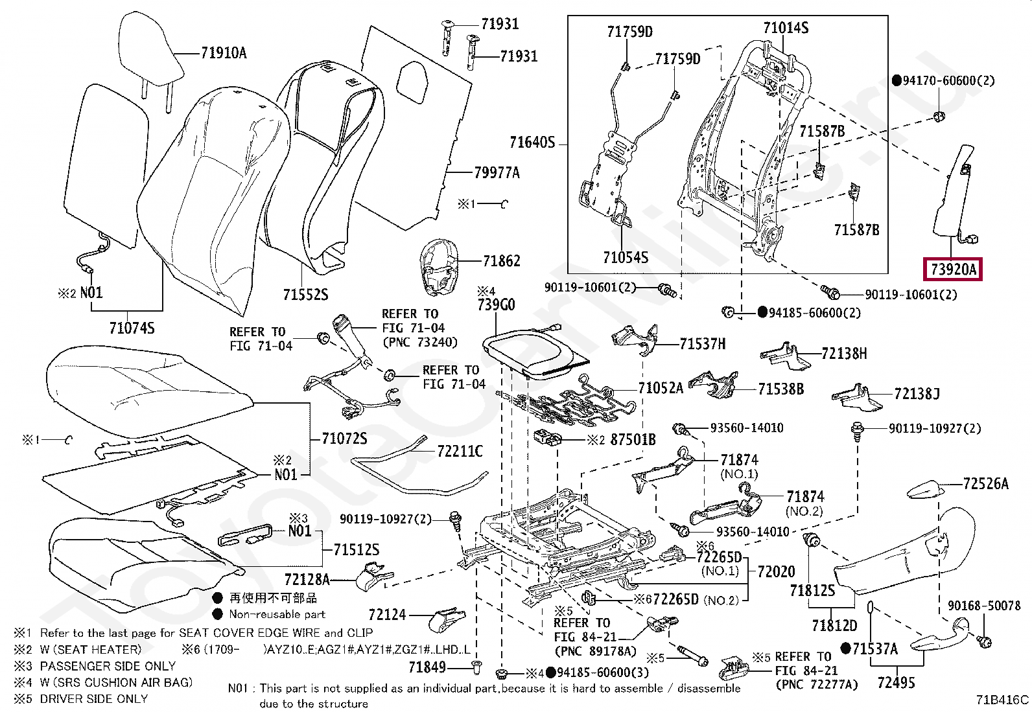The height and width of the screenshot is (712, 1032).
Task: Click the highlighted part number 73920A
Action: (x=953, y=269)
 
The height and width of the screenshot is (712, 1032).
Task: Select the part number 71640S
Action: (x=532, y=143)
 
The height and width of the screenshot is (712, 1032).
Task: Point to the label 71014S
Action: (x=786, y=28)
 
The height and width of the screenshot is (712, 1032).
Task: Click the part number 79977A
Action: (x=497, y=173)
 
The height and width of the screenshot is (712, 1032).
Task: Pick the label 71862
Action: (x=501, y=261)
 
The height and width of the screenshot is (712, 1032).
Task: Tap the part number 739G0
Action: (x=496, y=304)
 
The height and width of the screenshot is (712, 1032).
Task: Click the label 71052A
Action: (x=661, y=388)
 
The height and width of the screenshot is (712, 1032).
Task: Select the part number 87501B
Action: (x=633, y=440)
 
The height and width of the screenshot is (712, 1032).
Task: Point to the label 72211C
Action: (x=460, y=452)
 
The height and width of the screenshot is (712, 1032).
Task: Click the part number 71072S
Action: (x=344, y=439)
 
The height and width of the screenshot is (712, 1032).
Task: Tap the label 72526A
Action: (x=985, y=483)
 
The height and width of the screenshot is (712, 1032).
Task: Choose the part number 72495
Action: (x=896, y=683)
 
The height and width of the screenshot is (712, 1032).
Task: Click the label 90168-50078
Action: (x=984, y=606)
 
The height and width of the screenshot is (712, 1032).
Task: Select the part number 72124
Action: (x=387, y=614)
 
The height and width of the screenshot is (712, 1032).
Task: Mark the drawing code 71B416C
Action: (x=1002, y=700)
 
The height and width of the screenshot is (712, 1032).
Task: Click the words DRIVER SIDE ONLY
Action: (x=94, y=698)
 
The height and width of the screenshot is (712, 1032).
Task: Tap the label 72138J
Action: (x=917, y=394)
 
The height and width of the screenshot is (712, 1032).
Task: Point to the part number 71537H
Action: (x=703, y=343)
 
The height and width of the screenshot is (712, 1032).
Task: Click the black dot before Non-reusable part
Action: (x=217, y=614)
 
